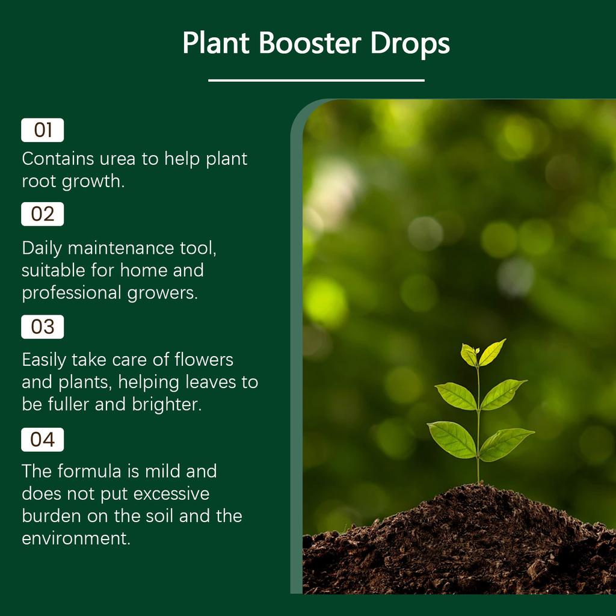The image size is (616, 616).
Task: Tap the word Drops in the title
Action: click(x=410, y=43)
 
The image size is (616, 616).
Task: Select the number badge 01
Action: click(x=42, y=130)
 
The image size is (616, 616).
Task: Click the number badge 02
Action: click(x=42, y=214)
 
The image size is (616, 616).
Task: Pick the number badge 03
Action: click(x=42, y=327)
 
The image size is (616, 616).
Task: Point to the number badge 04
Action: click(x=42, y=440)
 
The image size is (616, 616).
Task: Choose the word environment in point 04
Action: click(x=75, y=538)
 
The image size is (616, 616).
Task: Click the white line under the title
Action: click(x=316, y=80)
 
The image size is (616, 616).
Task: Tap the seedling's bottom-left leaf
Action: click(x=452, y=439)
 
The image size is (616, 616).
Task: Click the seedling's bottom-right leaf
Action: click(x=507, y=443)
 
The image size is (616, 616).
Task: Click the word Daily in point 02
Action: click(x=42, y=248)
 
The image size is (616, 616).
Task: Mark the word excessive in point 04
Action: click(x=171, y=493)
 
